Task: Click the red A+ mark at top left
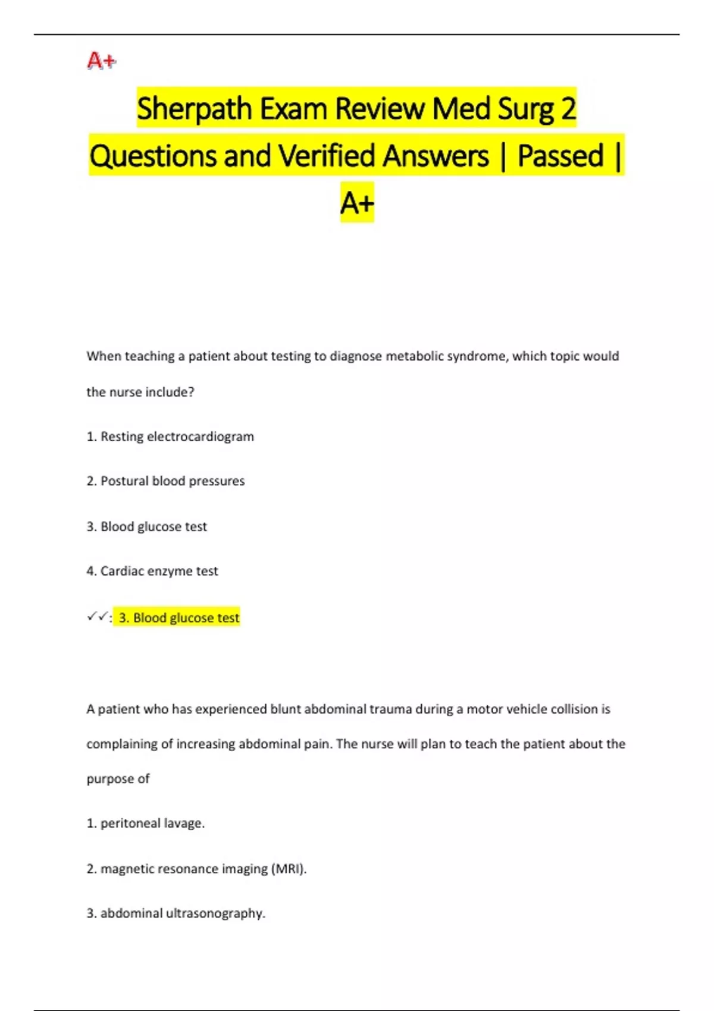tap(102, 61)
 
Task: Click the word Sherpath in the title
tap(194, 109)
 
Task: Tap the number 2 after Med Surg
tap(568, 109)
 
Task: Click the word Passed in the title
tap(560, 156)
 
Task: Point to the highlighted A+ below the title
tap(357, 203)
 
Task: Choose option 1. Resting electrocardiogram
tap(170, 437)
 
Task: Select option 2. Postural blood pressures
tap(165, 481)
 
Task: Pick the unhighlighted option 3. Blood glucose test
tap(147, 526)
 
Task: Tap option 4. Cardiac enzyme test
tap(152, 571)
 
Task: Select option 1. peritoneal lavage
tap(146, 824)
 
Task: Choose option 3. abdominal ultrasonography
tap(176, 913)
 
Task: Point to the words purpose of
tap(118, 779)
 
